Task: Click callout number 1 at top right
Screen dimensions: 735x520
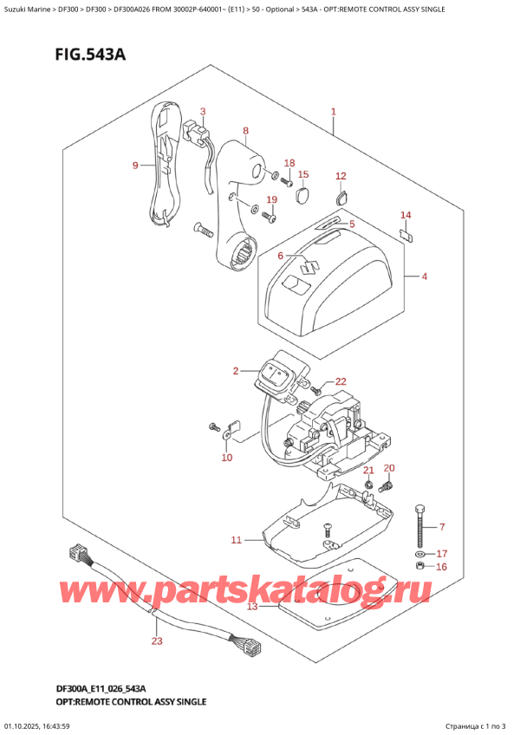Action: click(333, 111)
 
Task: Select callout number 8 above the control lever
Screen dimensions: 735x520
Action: click(245, 132)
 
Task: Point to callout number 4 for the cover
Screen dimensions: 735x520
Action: click(424, 276)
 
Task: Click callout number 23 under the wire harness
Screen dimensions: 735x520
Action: click(156, 641)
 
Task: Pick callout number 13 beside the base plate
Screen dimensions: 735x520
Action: click(252, 606)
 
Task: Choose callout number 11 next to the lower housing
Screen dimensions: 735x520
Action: click(236, 540)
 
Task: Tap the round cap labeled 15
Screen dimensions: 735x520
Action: click(302, 196)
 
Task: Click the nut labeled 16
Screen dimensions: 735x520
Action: click(420, 566)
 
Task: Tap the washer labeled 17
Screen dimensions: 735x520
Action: click(420, 553)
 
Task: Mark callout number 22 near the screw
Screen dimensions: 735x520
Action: click(340, 382)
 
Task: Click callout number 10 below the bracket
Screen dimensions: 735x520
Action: click(226, 457)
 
